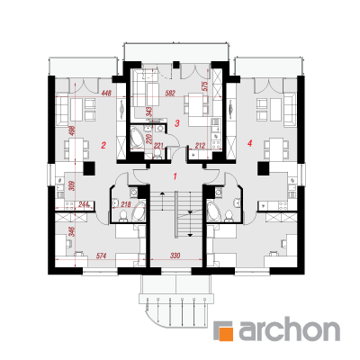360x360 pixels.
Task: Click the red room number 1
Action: (175, 175)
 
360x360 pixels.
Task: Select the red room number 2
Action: (103, 146)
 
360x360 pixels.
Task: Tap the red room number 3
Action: (177, 122)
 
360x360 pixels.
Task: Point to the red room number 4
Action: (249, 144)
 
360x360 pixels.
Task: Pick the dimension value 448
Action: (106, 94)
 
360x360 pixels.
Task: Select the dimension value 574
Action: (101, 256)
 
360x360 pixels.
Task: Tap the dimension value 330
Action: (175, 256)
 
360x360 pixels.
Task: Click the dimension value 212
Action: (200, 146)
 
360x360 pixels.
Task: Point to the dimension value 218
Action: (127, 204)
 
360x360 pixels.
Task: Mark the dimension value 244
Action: (84, 204)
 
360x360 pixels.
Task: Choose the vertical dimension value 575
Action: (205, 86)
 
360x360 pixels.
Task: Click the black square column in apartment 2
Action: (89, 168)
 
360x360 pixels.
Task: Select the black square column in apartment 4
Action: (263, 168)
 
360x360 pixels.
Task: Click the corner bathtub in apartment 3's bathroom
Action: (138, 138)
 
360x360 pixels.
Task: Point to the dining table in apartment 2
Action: (76, 148)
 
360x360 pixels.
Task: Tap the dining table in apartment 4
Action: (276, 148)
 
